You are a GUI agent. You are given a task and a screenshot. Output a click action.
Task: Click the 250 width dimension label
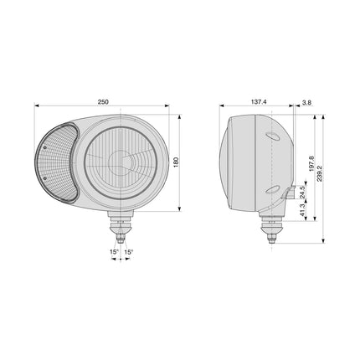coord(103,102)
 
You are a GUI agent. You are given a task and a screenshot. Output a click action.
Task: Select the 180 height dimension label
coord(176,162)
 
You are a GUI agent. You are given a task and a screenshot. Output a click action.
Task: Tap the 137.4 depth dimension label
coord(259,102)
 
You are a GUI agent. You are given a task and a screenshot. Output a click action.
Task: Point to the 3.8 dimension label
coord(306,102)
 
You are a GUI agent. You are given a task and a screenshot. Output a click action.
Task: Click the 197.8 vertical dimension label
coord(312,164)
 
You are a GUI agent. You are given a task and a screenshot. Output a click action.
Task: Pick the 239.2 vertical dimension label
coord(320,173)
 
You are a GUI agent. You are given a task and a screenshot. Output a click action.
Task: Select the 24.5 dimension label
coord(302,193)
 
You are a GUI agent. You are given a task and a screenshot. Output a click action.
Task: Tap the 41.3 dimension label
coord(302,210)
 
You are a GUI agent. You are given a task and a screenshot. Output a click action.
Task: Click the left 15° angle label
coord(114,252)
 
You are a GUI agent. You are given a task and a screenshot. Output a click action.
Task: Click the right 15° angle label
coord(129,252)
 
